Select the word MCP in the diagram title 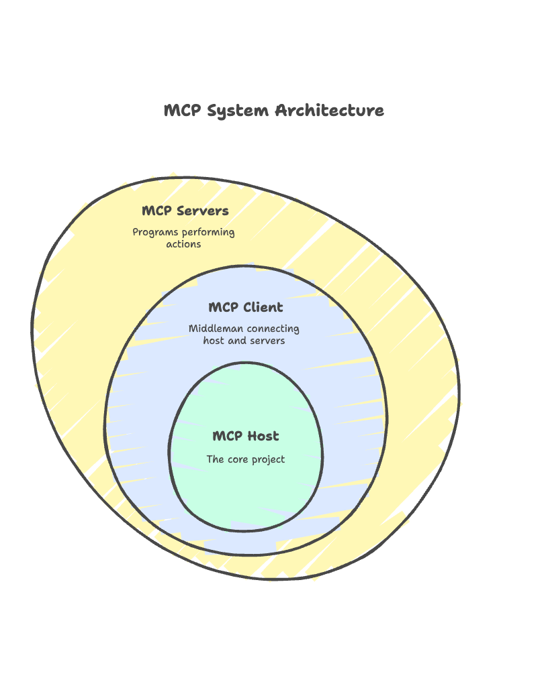(x=182, y=111)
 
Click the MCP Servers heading (x=185, y=211)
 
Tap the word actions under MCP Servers (x=183, y=244)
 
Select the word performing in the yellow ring (x=209, y=233)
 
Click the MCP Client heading (x=245, y=307)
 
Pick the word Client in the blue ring (x=263, y=307)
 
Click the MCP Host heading (x=245, y=436)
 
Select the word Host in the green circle (x=263, y=436)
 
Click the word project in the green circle (x=269, y=460)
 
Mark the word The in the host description (x=215, y=459)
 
